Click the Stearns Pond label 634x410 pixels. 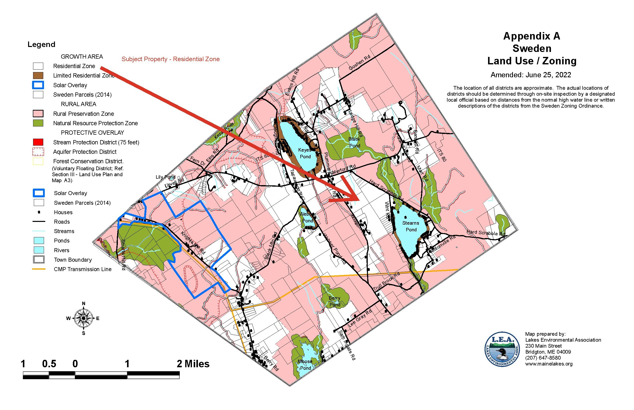pos(411,226)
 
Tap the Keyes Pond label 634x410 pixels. pos(305,153)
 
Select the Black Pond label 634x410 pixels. pos(354,142)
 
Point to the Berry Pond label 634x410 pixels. pos(335,301)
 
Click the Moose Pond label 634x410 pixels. pos(305,365)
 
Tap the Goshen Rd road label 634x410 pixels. pos(359,63)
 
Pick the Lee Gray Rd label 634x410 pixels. pos(360,318)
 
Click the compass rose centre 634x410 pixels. pos(83,318)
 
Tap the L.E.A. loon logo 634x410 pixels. pos(502,349)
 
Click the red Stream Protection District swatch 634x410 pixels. pos(38,142)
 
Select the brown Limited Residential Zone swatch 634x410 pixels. pos(38,76)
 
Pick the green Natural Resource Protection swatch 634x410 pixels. pos(38,123)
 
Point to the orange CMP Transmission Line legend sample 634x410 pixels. pos(39,269)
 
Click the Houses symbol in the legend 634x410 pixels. pos(39,212)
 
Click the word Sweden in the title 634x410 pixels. pos(532,48)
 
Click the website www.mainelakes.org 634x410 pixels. pos(549,364)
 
